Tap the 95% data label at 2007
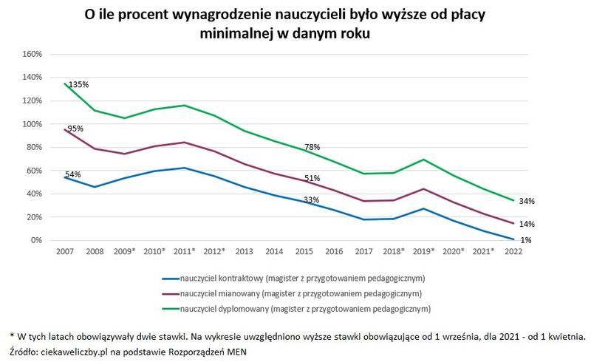click(75, 129)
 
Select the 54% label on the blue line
click(72, 174)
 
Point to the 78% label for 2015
click(312, 147)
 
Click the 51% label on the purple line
click(312, 178)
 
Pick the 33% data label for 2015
click(312, 199)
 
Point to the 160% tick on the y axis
click(34, 54)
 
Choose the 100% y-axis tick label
click(34, 124)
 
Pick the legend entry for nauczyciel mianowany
click(295, 293)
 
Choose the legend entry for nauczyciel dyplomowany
click(295, 307)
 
